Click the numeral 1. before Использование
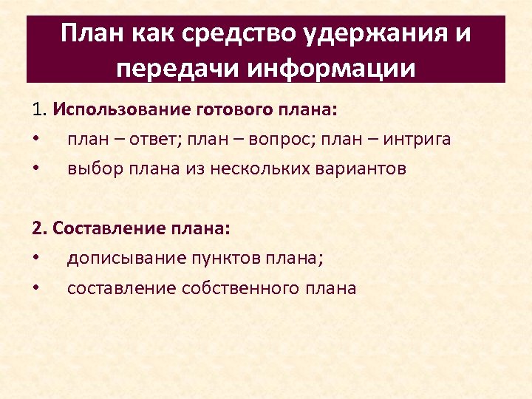(x=40, y=110)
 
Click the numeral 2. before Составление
(x=40, y=229)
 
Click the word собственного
(x=233, y=288)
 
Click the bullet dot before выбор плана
(x=35, y=168)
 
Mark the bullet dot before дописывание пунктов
(x=35, y=259)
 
